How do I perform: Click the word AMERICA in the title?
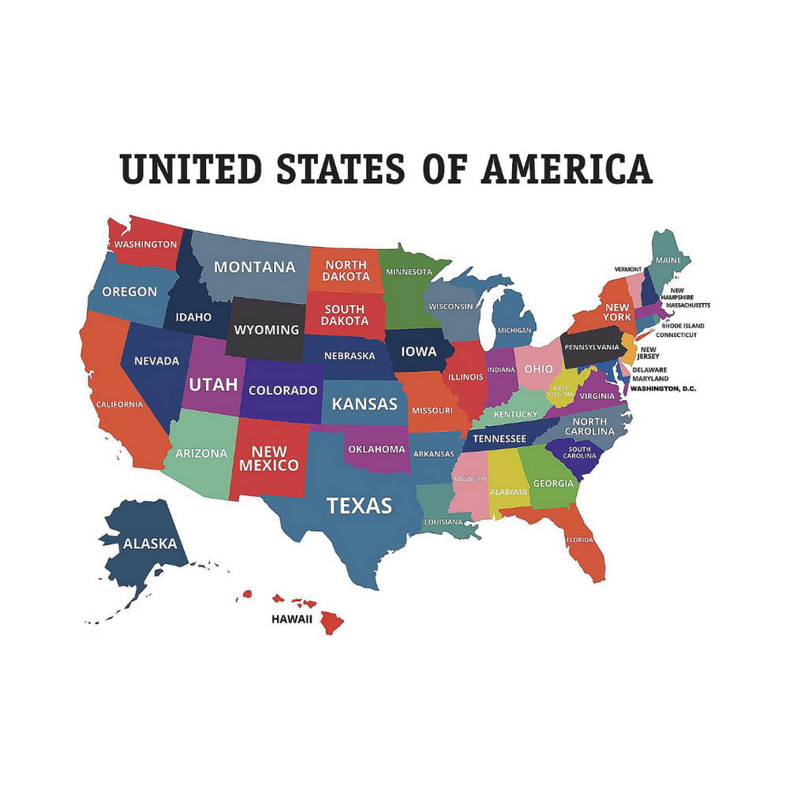pos(567,169)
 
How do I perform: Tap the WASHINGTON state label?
pos(145,245)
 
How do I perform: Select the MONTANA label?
pos(255,267)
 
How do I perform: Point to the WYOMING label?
pos(267,330)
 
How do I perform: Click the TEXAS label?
pos(359,506)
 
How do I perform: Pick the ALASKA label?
pos(150,544)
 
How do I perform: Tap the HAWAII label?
pos(292,619)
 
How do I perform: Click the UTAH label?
pos(213,385)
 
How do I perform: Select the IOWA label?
pos(418,351)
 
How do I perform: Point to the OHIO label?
pos(539,369)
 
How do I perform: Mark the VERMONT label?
pos(628,269)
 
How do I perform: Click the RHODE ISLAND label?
pos(682,326)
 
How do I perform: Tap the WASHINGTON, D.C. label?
pos(663,389)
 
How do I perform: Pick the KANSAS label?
pos(364,404)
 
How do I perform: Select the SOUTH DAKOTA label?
pos(345,315)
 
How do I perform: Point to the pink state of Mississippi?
pos(469,493)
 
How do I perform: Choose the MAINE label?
pos(667,260)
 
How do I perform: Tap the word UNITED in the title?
pos(191,169)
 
